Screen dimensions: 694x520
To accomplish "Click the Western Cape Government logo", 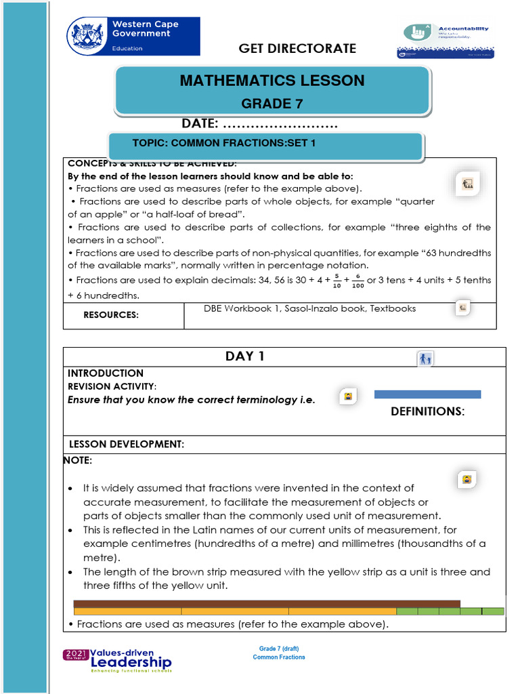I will (x=133, y=37).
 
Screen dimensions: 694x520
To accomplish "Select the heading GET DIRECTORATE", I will (x=297, y=48).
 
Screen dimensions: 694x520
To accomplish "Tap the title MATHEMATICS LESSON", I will (x=272, y=81).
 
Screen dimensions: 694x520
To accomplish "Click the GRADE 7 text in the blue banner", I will (x=272, y=104).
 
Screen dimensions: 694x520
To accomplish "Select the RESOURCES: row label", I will (x=111, y=315).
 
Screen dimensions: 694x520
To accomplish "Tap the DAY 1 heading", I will (x=244, y=356).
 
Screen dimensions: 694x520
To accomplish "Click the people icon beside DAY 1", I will (x=425, y=359).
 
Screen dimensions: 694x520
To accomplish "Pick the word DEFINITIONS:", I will (x=427, y=411).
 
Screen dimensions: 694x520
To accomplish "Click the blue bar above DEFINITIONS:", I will (x=427, y=394).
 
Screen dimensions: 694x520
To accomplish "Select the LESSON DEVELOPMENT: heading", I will (x=127, y=445).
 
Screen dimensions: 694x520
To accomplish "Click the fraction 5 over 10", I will (x=337, y=281).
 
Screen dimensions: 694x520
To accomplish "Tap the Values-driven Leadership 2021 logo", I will (x=118, y=659).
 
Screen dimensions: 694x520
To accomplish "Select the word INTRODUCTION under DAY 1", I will (x=106, y=373).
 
